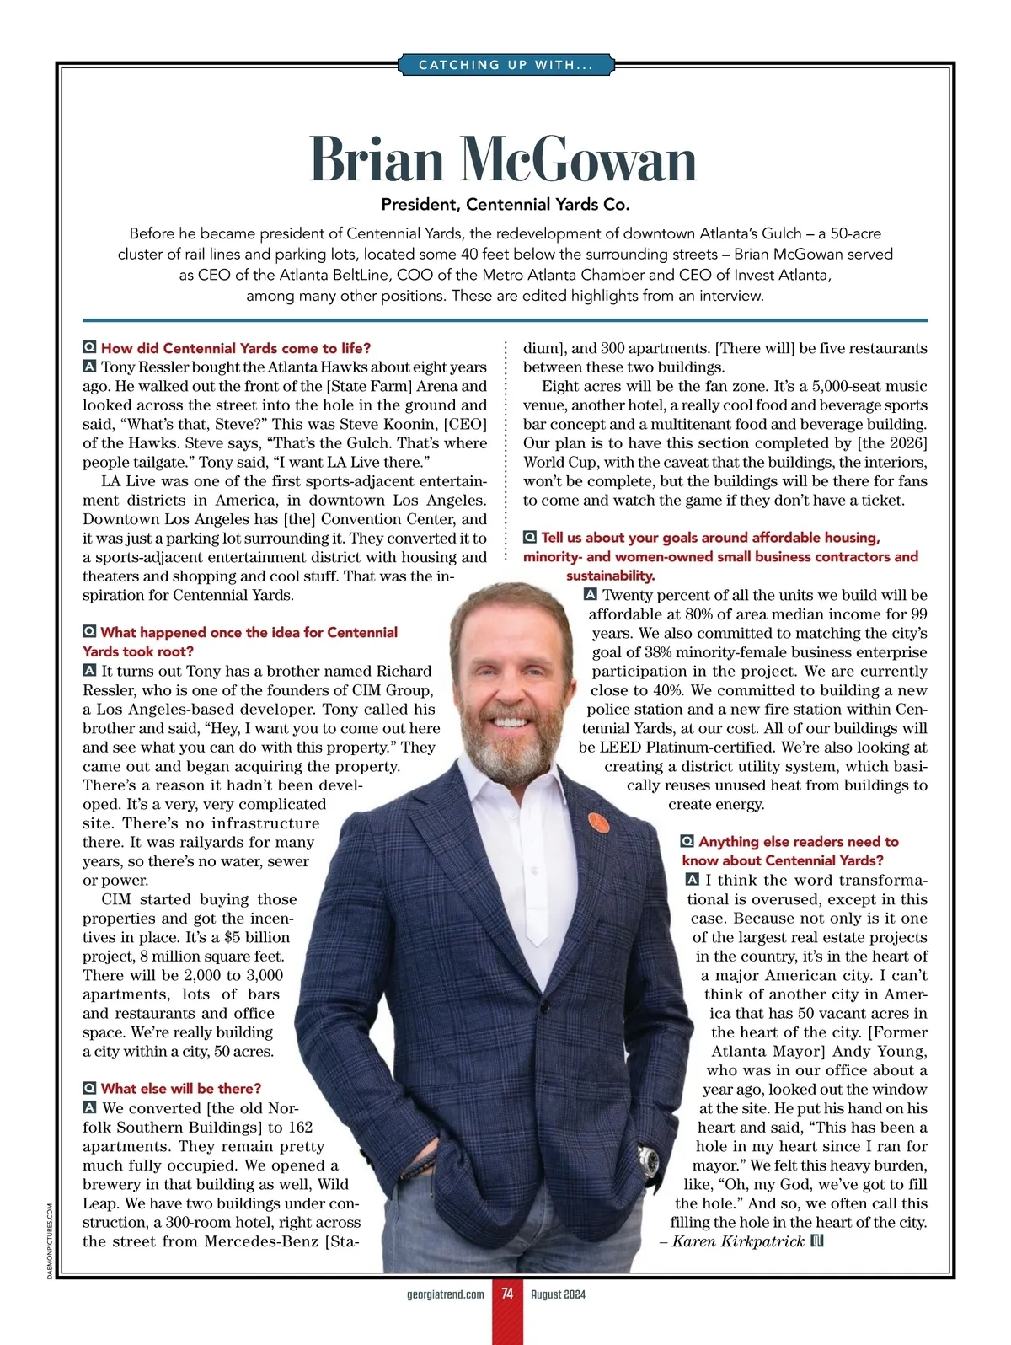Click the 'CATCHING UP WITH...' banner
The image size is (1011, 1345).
[505, 65]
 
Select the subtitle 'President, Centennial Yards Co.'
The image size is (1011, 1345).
[505, 205]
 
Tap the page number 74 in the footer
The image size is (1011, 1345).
[507, 1294]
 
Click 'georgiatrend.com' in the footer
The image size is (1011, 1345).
[445, 1294]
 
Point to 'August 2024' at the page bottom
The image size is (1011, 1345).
[558, 1294]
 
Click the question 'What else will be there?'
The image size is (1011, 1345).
[180, 1088]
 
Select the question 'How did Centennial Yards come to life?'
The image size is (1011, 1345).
[236, 348]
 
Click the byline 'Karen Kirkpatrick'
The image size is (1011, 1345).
[738, 1241]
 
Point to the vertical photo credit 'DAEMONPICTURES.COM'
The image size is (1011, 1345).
[51, 1241]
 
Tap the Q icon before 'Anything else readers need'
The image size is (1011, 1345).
[687, 842]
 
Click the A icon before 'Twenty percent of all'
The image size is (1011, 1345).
[591, 595]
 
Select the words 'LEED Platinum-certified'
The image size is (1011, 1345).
[687, 747]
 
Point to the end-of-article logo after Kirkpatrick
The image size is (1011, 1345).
[816, 1241]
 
